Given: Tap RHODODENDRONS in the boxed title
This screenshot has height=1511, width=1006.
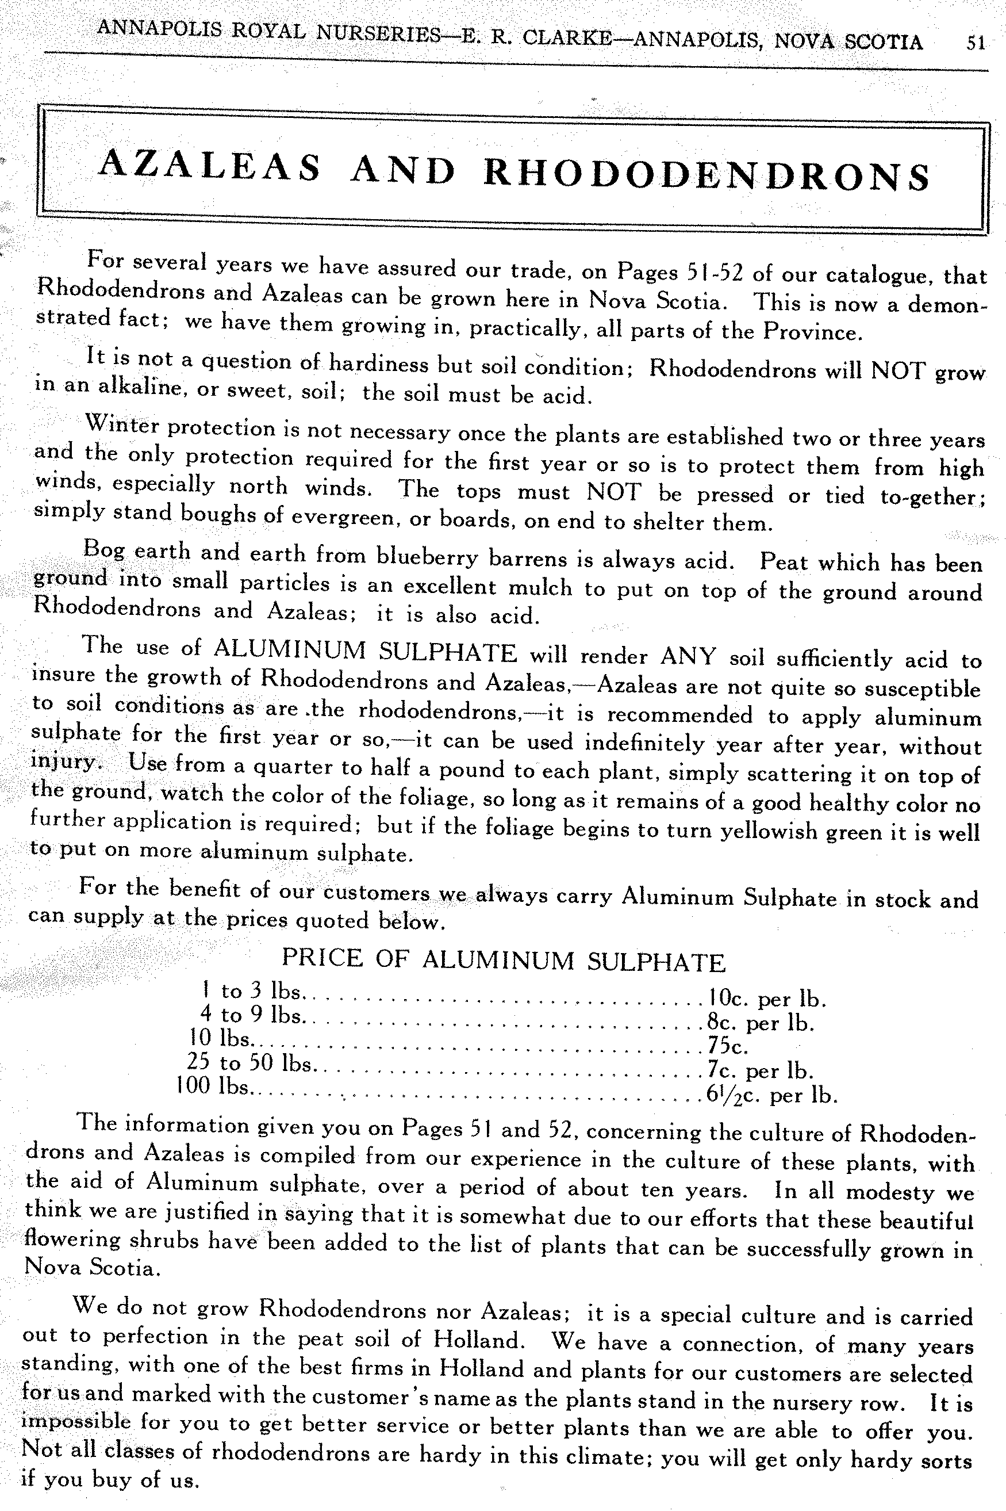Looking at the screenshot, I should [706, 174].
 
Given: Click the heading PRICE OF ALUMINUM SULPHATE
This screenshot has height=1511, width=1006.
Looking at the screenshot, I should [503, 960].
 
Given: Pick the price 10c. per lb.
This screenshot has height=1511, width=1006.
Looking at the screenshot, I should [767, 999].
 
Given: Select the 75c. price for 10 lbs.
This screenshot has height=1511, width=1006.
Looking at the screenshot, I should [728, 1046].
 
